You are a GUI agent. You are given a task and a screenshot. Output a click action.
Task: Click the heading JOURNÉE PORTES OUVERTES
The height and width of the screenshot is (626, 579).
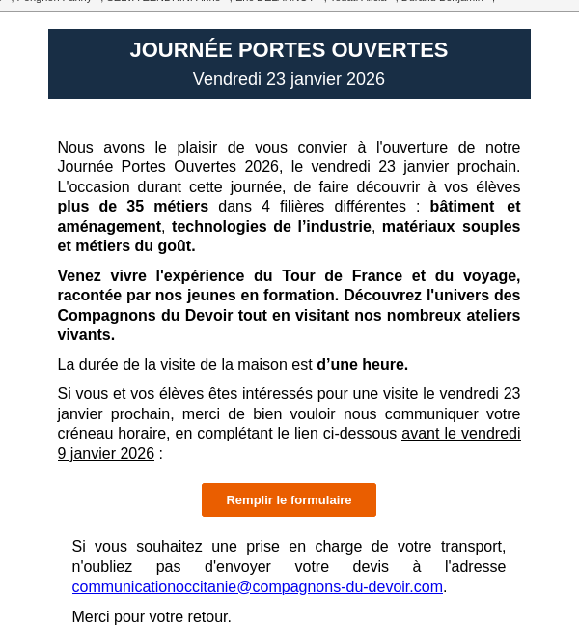(x=289, y=50)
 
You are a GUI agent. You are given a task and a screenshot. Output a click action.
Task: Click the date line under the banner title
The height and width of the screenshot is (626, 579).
(x=289, y=79)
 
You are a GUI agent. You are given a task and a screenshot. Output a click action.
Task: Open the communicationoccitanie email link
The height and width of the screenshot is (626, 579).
(x=257, y=586)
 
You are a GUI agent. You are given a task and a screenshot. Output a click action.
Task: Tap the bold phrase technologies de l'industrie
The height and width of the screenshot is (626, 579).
(x=271, y=226)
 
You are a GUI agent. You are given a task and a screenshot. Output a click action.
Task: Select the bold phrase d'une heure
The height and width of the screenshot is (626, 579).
(x=362, y=364)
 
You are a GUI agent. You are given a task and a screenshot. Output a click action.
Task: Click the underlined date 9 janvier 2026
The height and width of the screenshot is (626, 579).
(x=105, y=453)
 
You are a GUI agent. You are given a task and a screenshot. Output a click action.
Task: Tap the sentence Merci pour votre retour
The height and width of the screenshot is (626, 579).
(x=152, y=616)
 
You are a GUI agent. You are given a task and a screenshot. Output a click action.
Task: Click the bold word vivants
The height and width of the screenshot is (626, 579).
(x=86, y=334)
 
